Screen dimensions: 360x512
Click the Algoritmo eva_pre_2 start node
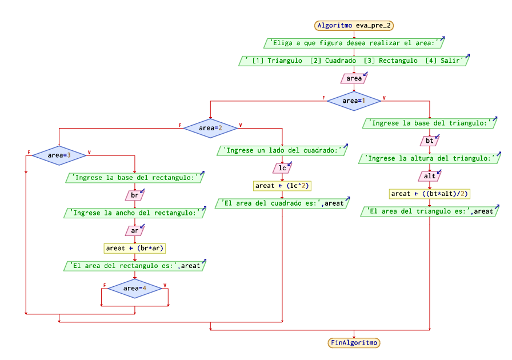tap(354, 25)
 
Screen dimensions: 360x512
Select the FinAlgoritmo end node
tap(354, 343)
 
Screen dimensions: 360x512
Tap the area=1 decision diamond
tap(354, 101)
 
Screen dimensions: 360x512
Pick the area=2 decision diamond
tap(210, 128)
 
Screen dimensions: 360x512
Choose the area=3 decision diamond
tap(59, 155)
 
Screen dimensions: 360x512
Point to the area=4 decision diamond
tap(134, 289)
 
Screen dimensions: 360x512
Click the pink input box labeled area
tap(354, 78)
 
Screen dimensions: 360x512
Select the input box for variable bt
tap(429, 140)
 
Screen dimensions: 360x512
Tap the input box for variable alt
tap(429, 176)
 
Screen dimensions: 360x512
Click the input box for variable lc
tap(282, 168)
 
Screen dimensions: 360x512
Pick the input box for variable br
tap(134, 195)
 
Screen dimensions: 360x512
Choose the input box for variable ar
tap(134, 231)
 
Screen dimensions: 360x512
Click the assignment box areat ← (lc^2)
tap(282, 186)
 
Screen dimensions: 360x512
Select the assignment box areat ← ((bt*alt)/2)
tap(429, 194)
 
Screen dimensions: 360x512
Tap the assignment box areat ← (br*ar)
tap(134, 248)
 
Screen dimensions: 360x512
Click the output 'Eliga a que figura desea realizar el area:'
tap(354, 43)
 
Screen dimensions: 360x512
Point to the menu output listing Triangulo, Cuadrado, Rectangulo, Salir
tap(354, 61)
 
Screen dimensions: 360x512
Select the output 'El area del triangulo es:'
tap(429, 211)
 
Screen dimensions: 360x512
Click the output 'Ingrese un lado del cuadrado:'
tap(282, 151)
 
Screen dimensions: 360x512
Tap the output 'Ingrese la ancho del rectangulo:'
tap(134, 213)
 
